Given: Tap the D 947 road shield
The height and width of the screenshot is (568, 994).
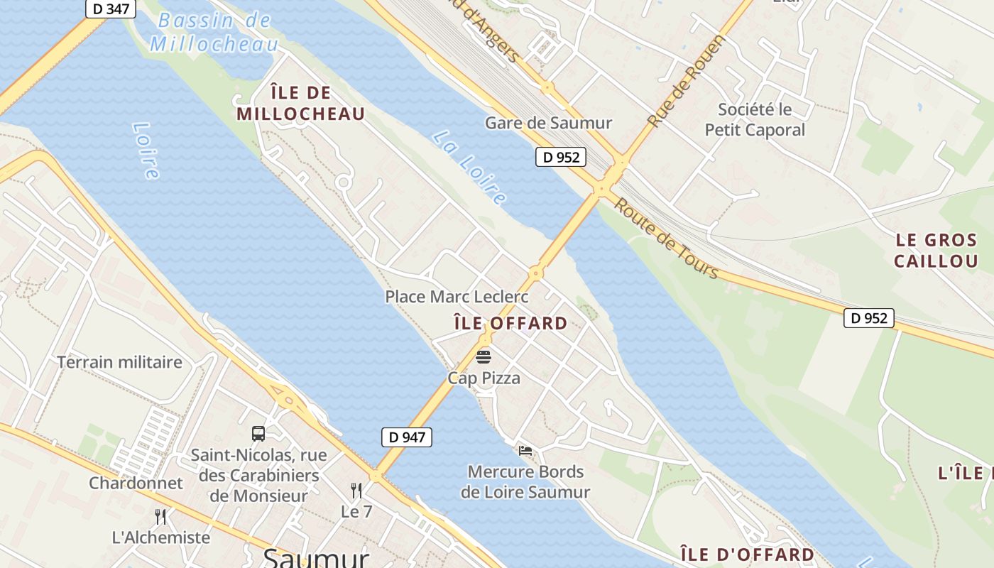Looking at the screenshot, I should (x=407, y=437).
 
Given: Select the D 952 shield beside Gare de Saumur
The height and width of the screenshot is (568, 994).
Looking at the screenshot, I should (x=560, y=157).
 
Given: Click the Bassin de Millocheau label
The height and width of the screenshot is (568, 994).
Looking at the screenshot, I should (x=214, y=32).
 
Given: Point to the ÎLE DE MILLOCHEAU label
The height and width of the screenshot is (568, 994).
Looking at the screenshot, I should (x=301, y=103).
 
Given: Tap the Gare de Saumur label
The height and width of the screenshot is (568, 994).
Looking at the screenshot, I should (x=548, y=123).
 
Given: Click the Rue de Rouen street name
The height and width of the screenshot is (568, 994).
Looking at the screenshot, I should (x=686, y=82).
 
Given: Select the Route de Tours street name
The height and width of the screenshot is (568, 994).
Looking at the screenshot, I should (x=666, y=239).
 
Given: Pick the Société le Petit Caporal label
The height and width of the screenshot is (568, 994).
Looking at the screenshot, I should (x=755, y=120).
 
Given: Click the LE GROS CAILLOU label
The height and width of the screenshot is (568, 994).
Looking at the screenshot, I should (x=936, y=251).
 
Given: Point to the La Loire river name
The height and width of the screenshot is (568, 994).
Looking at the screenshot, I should (x=469, y=168).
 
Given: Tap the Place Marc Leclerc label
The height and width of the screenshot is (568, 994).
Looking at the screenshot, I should (x=457, y=296).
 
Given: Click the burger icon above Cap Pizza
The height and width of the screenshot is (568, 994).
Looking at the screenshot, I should (x=484, y=356).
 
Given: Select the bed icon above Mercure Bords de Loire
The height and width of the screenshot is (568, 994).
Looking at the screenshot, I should (x=525, y=450).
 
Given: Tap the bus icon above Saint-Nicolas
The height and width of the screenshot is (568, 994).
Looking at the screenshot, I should (x=258, y=433).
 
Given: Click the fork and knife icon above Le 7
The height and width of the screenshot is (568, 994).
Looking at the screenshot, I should (x=356, y=490).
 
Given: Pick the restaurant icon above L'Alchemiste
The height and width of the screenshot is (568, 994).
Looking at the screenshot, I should (x=160, y=516).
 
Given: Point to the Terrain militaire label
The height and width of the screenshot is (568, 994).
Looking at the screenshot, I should (x=119, y=362).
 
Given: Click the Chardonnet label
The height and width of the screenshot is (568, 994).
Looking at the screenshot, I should (x=136, y=483).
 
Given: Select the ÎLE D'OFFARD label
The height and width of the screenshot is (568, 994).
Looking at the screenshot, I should (x=747, y=554).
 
